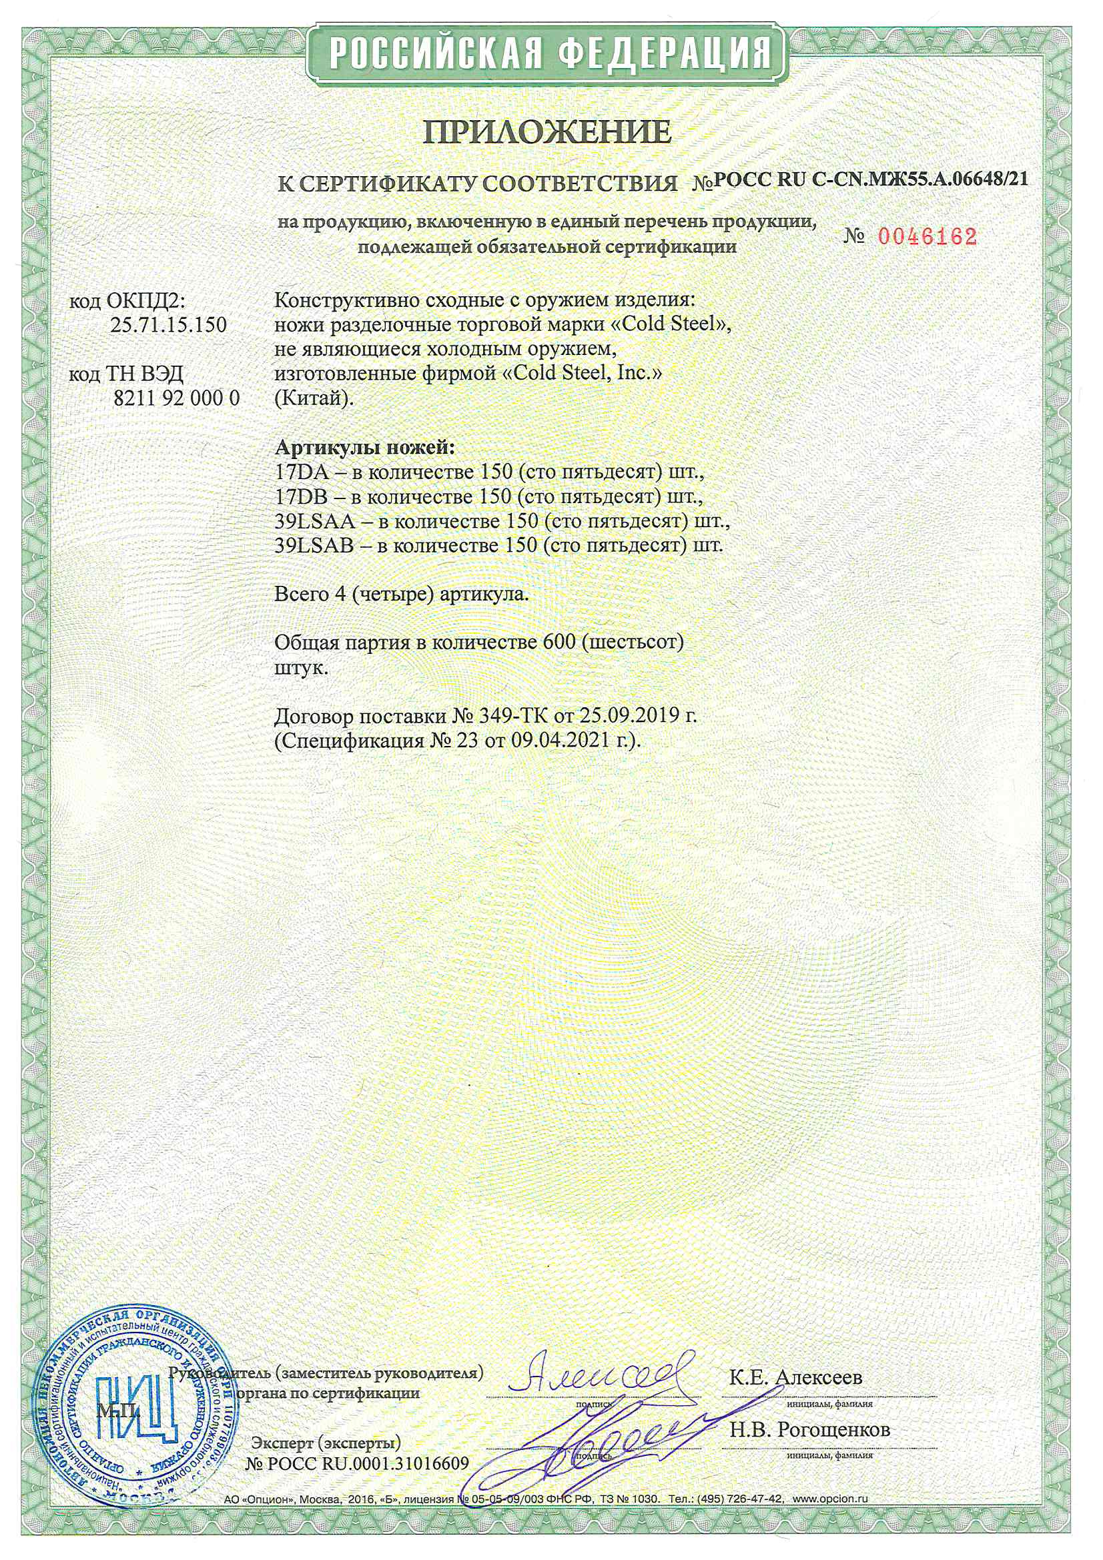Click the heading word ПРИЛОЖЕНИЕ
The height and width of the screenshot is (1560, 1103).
(x=546, y=133)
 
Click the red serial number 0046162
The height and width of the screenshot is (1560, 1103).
(x=927, y=236)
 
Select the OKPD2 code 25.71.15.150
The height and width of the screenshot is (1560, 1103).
(x=168, y=324)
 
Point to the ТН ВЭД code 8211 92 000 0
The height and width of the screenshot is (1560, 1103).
(x=176, y=398)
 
